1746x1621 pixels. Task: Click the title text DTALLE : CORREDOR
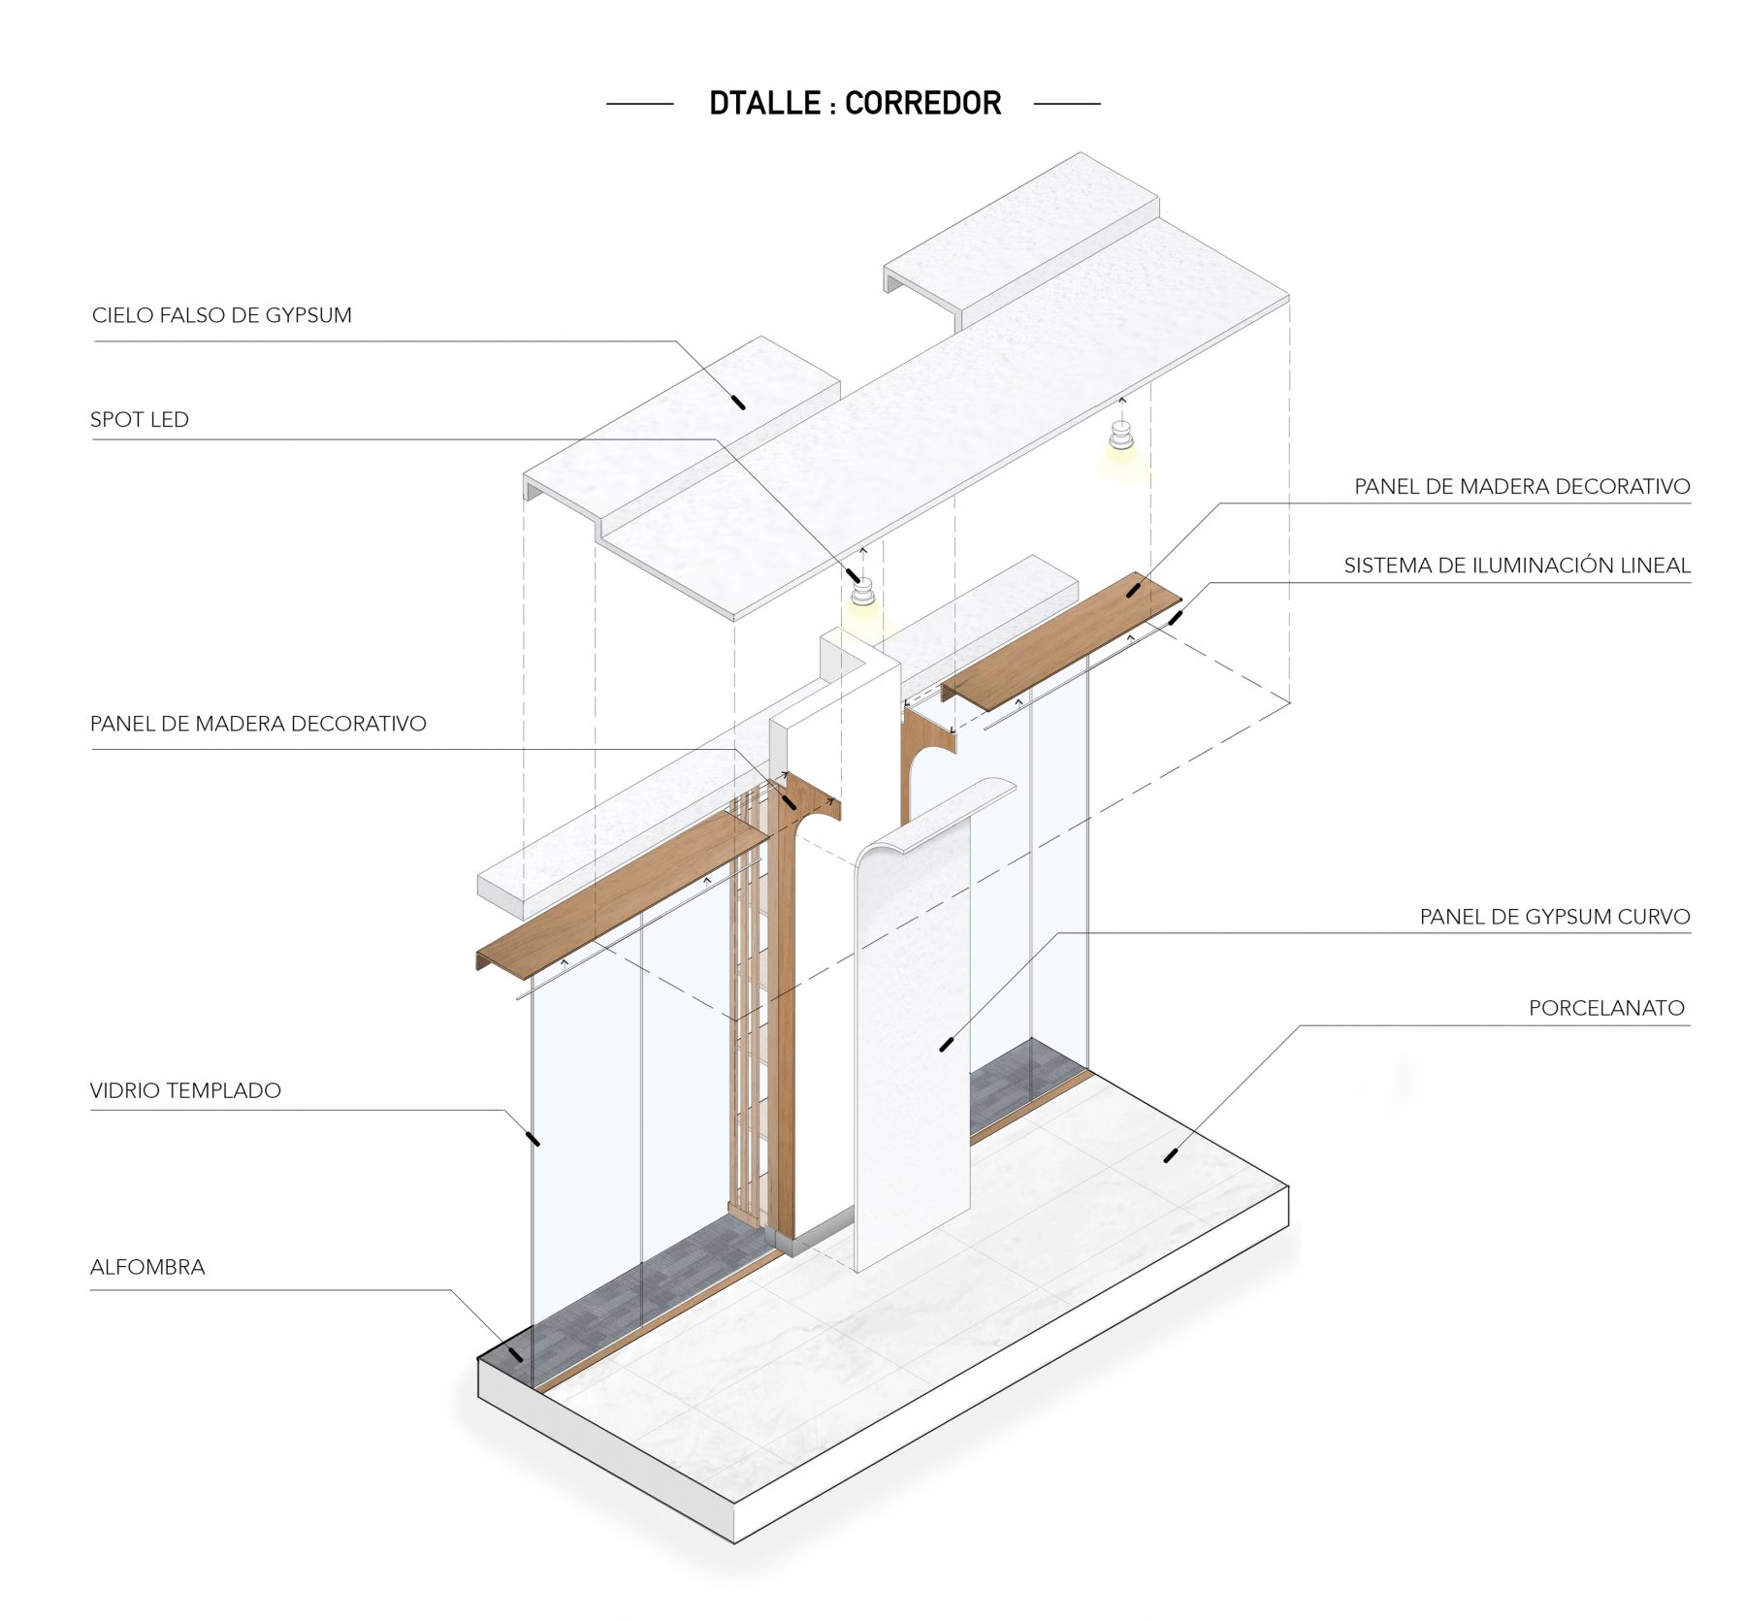[x=855, y=103]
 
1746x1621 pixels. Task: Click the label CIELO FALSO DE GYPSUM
[x=222, y=315]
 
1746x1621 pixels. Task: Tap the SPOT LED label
[x=140, y=420]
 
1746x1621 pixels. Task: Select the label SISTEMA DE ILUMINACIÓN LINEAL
[x=1517, y=566]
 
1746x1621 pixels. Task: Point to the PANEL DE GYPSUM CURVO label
[x=1555, y=917]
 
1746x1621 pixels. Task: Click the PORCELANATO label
[x=1606, y=1008]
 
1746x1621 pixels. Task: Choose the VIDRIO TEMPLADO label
[x=185, y=1090]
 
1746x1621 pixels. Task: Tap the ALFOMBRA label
[x=147, y=1267]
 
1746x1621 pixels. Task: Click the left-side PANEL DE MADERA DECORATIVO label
[x=258, y=724]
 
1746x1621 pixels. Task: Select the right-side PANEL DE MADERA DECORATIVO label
[x=1522, y=486]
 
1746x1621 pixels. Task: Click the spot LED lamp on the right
[x=1121, y=438]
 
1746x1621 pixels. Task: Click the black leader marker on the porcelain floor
[x=1171, y=1155]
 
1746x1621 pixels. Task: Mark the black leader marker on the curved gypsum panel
[x=948, y=1044]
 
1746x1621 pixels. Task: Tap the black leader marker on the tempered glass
[x=532, y=1138]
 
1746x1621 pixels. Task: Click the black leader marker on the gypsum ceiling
[x=738, y=402]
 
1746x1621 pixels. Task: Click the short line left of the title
[x=640, y=103]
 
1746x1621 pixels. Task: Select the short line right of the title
[x=1067, y=103]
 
